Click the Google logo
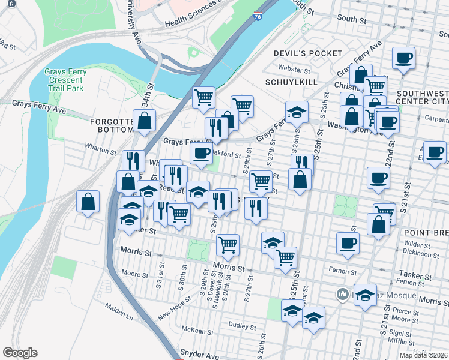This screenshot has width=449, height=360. (x=20, y=353)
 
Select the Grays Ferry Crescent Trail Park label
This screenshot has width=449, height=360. (x=65, y=80)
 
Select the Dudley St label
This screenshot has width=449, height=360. (x=243, y=325)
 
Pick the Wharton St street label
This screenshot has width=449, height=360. (x=100, y=151)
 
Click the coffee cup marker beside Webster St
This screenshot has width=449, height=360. (x=403, y=59)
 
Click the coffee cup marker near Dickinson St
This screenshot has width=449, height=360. (x=348, y=243)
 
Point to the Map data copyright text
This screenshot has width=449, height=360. (x=424, y=355)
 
